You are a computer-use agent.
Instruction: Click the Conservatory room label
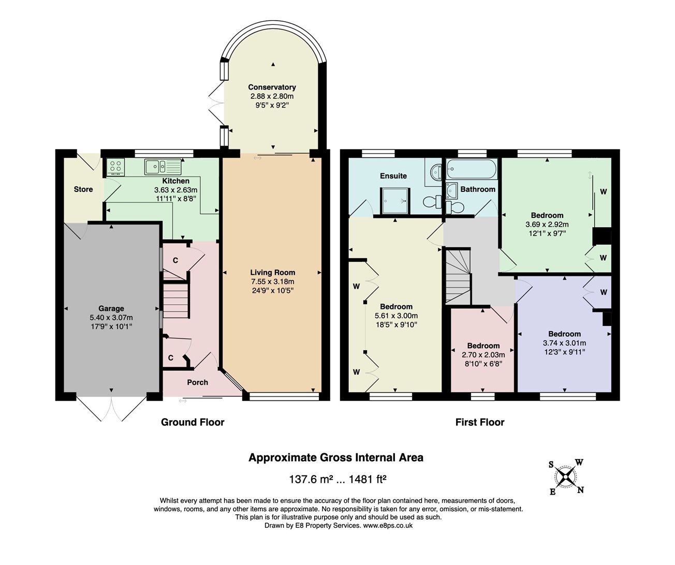(x=272, y=87)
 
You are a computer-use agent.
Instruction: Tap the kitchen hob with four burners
(x=115, y=167)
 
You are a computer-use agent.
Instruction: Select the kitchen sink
(x=163, y=167)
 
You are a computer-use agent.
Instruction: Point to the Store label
(x=83, y=189)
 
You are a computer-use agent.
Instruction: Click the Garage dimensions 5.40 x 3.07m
(x=111, y=317)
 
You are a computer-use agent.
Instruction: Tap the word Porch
(x=198, y=382)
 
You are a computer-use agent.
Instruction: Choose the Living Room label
(x=272, y=273)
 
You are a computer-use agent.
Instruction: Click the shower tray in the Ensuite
(x=395, y=201)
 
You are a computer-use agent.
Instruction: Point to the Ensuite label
(x=393, y=176)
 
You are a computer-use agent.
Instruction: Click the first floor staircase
(x=458, y=276)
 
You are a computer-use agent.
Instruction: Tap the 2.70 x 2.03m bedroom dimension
(x=483, y=354)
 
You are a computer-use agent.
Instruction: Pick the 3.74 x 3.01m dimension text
(x=564, y=343)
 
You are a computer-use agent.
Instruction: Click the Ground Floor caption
(x=193, y=423)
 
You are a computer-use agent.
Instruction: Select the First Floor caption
(x=480, y=423)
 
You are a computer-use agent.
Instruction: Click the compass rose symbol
(x=565, y=477)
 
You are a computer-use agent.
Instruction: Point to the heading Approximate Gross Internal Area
(x=336, y=458)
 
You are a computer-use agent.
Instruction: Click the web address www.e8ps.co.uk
(x=388, y=526)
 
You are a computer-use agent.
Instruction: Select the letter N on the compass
(x=580, y=490)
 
